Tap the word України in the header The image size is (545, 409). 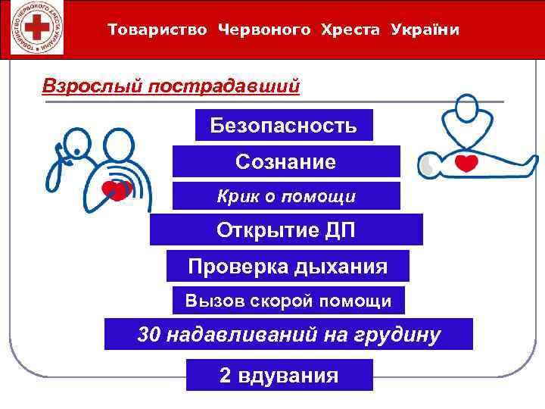tap(425, 30)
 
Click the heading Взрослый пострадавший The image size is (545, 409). tap(171, 86)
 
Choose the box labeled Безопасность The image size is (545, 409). tap(284, 125)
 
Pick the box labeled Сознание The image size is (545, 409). tap(285, 161)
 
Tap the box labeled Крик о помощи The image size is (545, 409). tap(285, 197)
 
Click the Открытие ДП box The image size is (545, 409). tap(285, 229)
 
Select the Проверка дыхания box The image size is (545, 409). tap(287, 267)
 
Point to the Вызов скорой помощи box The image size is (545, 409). tap(288, 301)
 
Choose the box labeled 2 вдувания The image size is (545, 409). tap(279, 375)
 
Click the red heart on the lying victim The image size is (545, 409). tap(466, 162)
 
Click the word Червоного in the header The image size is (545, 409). tap(264, 30)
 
